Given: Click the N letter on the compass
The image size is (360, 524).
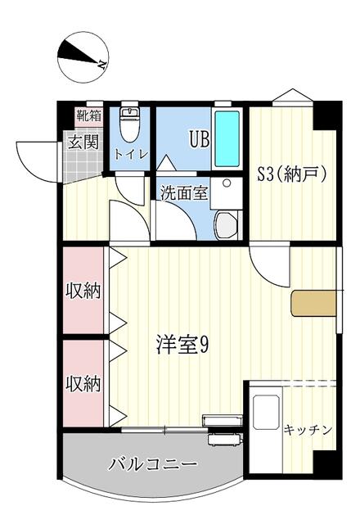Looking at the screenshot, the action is coord(101,64).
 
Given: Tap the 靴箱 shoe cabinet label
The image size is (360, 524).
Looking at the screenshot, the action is coord(89,115).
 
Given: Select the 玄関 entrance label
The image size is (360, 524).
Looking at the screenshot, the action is coord(83,142).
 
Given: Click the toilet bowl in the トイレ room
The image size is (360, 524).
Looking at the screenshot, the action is coord(130,126).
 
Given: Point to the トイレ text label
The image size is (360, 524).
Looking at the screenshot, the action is coord(131,155).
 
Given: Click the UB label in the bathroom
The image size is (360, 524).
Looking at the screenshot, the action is coord(200,139).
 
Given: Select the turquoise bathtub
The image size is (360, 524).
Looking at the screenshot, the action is coord(227,138).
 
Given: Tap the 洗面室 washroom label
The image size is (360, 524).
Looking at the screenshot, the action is coord(184,193).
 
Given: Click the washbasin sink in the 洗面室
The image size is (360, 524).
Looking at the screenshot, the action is coord(226,225).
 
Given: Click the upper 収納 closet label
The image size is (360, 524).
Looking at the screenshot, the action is coord(83,292).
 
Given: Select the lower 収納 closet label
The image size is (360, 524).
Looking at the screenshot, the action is coord(83,384).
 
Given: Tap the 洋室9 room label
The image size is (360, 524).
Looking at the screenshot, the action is coord(182,345).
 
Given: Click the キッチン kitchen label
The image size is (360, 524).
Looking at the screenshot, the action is coord(308,430).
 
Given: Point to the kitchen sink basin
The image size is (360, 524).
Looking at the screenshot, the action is coord(266,412).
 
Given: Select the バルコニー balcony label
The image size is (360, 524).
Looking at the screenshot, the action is coord(153,464).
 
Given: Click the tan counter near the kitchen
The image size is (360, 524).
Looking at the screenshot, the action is coord(313,304).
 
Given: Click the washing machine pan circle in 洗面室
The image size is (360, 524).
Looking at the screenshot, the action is coord(227,183).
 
